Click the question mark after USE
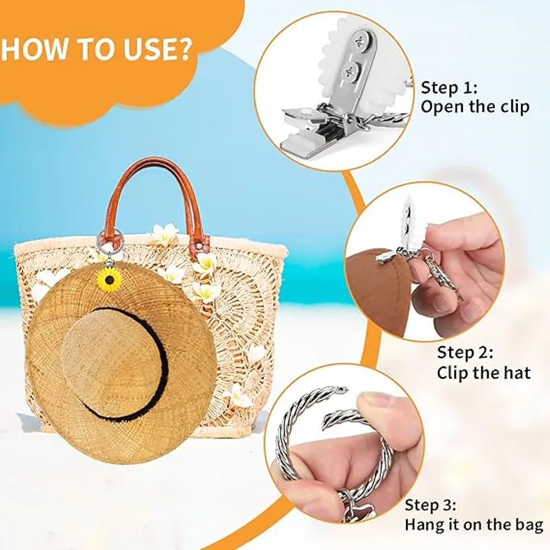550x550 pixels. pos(185,49)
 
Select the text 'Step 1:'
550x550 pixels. pos(449,87)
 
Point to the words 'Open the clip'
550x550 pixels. pos(475,107)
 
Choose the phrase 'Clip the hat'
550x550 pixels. pos(484,373)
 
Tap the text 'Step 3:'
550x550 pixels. pos(430,505)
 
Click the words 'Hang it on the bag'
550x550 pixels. pos(474,525)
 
